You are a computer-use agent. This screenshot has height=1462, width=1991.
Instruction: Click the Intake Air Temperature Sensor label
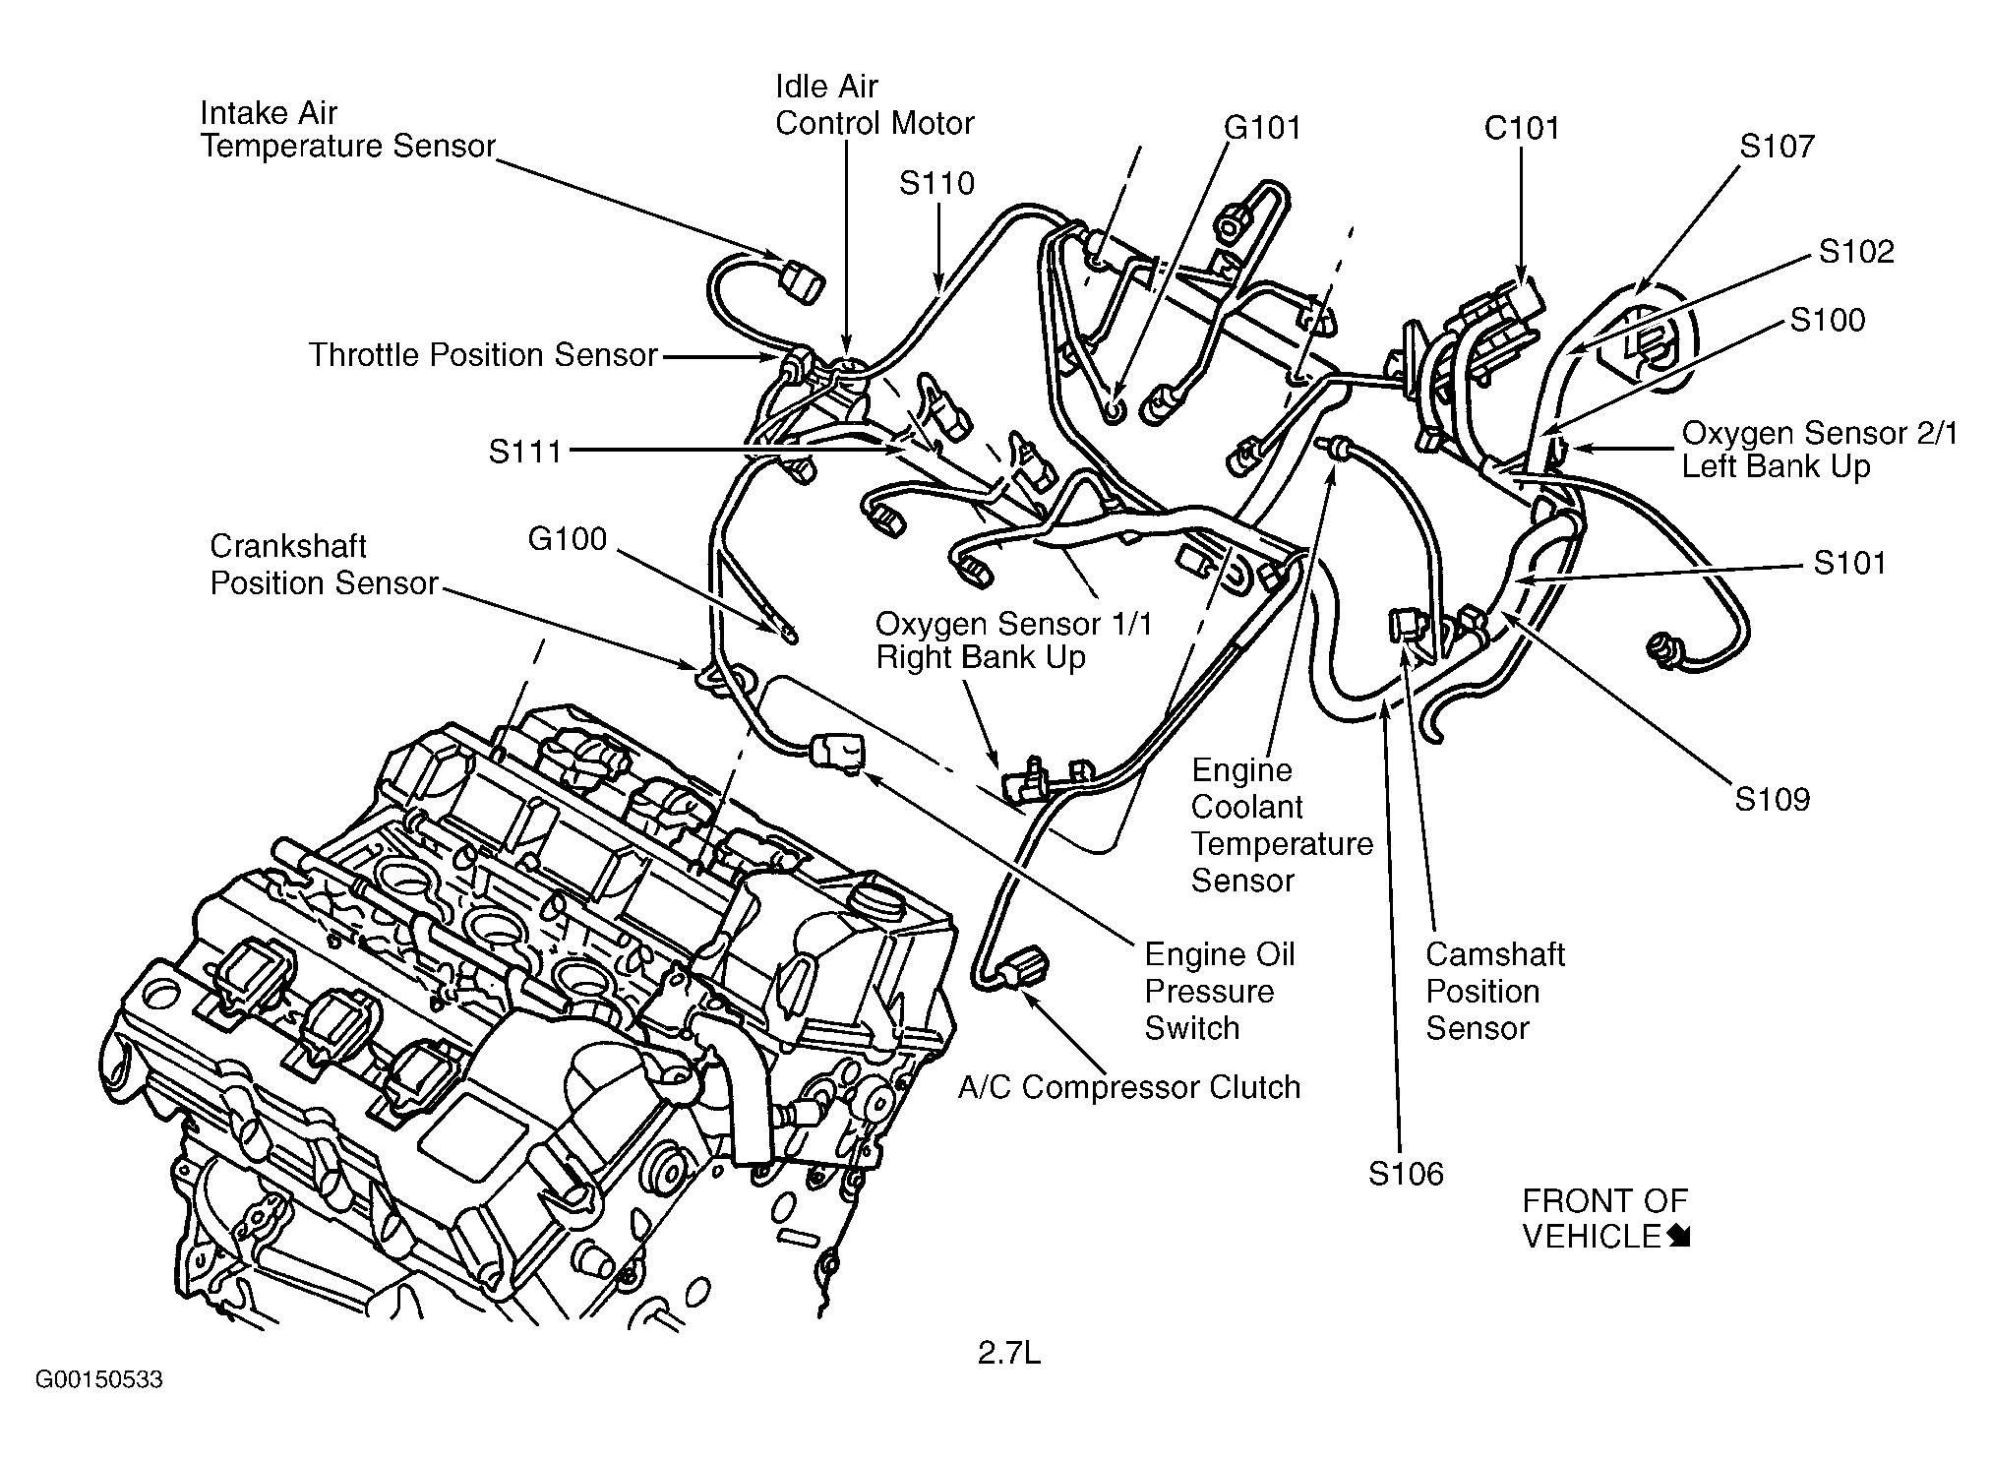(x=347, y=129)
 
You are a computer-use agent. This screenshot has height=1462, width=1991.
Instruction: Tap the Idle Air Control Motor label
(x=874, y=105)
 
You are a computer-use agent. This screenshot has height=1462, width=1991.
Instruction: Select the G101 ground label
(x=1262, y=127)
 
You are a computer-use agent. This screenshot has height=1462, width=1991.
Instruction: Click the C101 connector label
(x=1521, y=128)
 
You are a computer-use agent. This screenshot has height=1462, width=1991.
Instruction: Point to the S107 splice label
(x=1776, y=146)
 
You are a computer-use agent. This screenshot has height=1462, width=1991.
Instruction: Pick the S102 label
(x=1855, y=251)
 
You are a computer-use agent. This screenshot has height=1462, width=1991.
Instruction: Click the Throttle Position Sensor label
(x=483, y=355)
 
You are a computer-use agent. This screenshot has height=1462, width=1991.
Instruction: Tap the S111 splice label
(x=525, y=452)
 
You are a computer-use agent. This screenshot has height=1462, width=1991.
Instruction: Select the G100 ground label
(x=568, y=538)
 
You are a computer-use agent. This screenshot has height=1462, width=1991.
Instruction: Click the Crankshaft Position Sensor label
(x=324, y=565)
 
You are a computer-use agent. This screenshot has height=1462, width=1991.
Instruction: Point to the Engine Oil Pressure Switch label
(x=1219, y=991)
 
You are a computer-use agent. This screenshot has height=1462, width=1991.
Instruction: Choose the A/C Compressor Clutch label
(x=1129, y=1087)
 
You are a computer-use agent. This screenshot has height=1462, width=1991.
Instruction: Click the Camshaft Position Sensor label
(x=1494, y=991)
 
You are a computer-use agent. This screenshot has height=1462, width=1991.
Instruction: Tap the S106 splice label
(x=1406, y=1174)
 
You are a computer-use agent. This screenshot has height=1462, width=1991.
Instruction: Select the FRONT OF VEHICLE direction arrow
(x=1679, y=1238)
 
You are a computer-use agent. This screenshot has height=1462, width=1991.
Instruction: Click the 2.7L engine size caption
(x=1008, y=1355)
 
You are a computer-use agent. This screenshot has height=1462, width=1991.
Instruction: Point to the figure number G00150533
(x=98, y=1380)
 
